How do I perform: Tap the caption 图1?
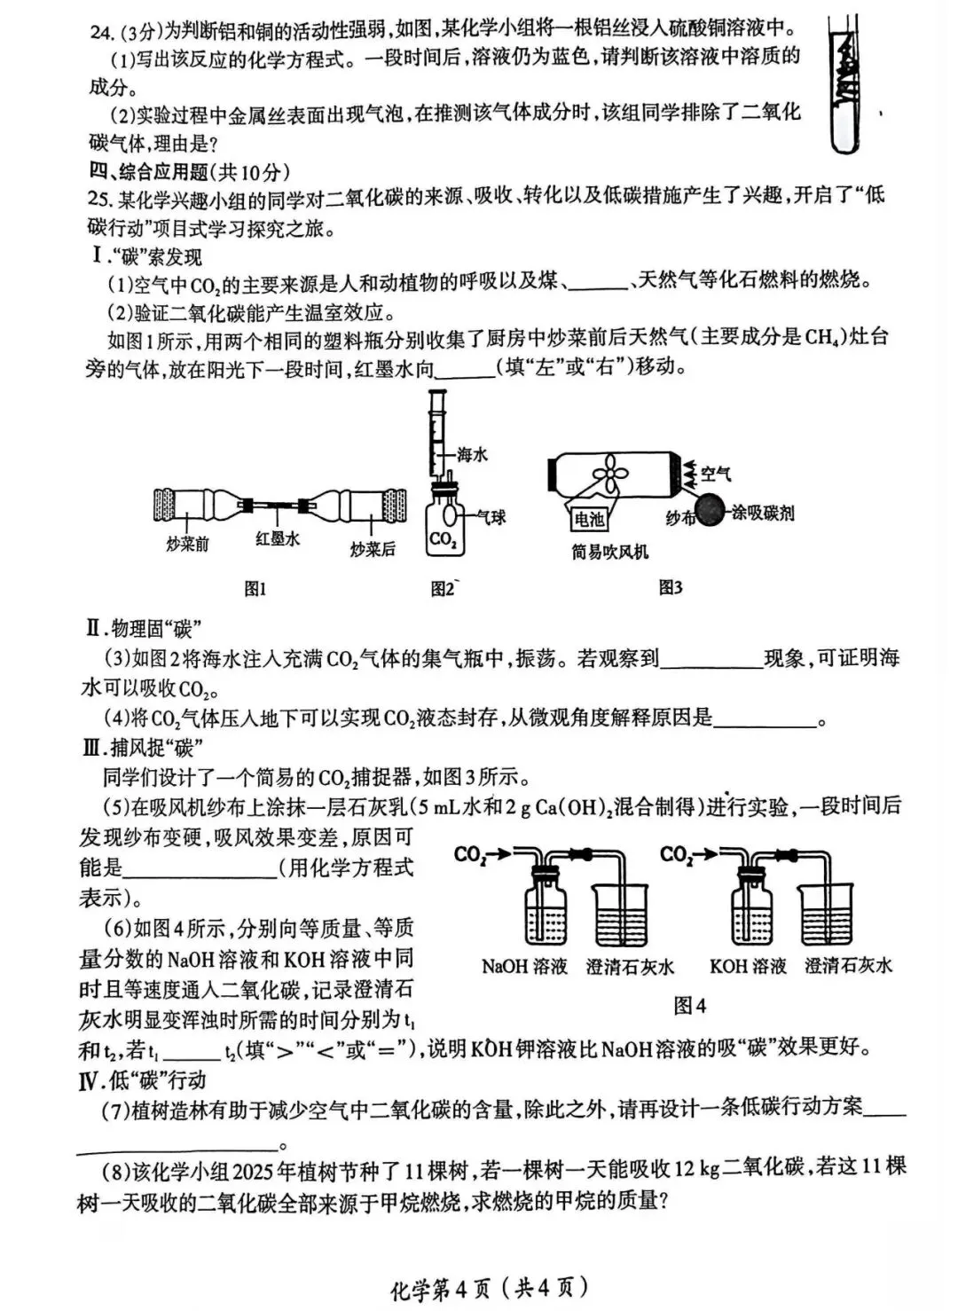point(255,588)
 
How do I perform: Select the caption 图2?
point(443,588)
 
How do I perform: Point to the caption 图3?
point(671,587)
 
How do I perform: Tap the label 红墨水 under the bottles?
point(278,538)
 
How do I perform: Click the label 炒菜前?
point(187,545)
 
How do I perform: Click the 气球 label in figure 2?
point(491,516)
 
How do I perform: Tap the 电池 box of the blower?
point(589,519)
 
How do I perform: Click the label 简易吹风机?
point(610,552)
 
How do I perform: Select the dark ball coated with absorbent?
point(712,512)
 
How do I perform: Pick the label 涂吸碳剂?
point(763,513)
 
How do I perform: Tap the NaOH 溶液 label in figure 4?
point(524,967)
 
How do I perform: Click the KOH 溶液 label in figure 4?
point(748,967)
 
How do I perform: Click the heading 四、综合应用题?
point(189,171)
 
